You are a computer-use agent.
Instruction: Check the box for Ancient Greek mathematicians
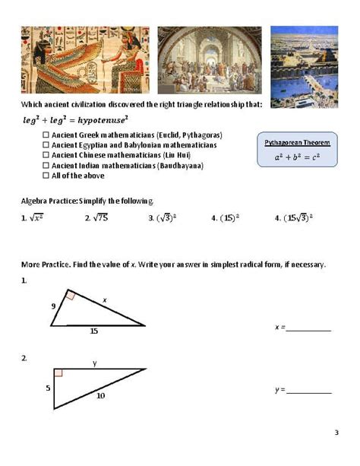pyautogui.click(x=46, y=135)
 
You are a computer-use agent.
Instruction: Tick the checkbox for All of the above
pyautogui.click(x=46, y=176)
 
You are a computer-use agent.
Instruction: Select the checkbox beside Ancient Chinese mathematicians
pyautogui.click(x=46, y=155)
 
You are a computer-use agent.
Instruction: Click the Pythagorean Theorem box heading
pyautogui.click(x=297, y=143)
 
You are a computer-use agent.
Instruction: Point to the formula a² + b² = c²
pyautogui.click(x=297, y=159)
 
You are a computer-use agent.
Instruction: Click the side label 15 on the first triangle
pyautogui.click(x=93, y=331)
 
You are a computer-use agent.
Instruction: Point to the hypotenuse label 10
pyautogui.click(x=100, y=396)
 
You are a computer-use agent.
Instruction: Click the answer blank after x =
pyautogui.click(x=308, y=328)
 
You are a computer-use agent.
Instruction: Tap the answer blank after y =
pyautogui.click(x=309, y=391)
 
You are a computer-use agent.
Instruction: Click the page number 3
pyautogui.click(x=336, y=433)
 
